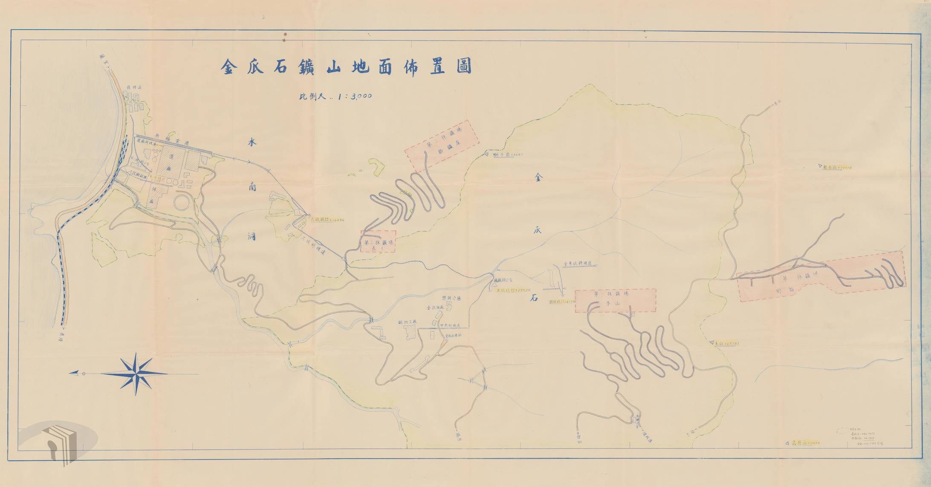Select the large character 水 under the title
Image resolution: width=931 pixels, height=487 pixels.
(252, 144)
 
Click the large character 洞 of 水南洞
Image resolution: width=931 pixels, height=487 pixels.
(252, 236)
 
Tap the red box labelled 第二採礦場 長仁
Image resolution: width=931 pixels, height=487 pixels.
(378, 242)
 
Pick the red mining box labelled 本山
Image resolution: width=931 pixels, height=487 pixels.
(615, 300)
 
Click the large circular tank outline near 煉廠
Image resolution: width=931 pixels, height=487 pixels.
(182, 202)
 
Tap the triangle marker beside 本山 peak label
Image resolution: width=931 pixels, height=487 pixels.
(711, 342)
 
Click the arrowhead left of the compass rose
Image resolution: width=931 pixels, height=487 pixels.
(74, 373)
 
